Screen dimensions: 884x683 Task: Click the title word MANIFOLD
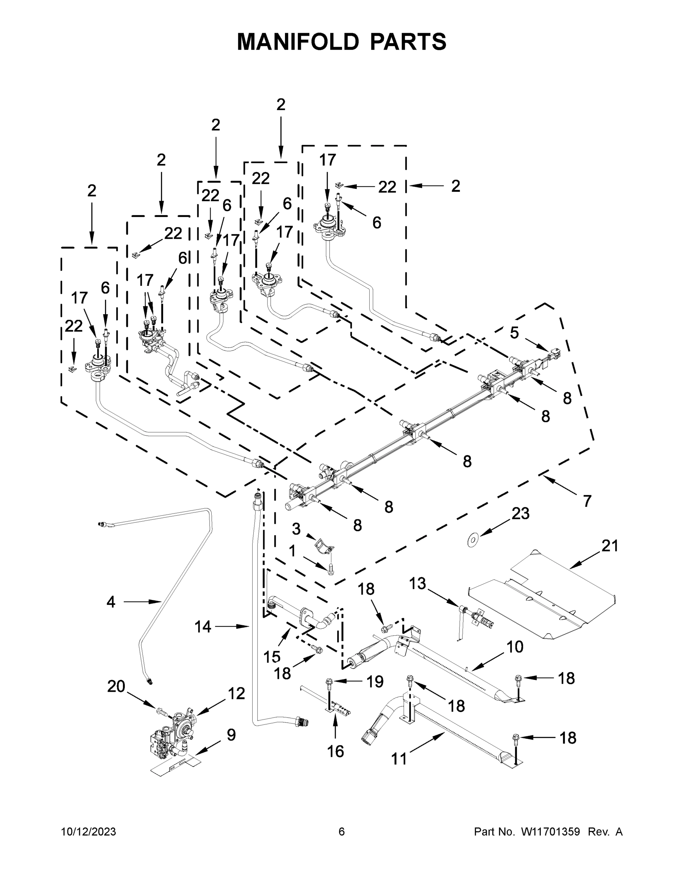coord(298,42)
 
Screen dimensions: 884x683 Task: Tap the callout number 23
coord(520,514)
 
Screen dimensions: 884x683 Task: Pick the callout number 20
coord(116,687)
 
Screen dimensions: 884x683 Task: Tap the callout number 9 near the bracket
coord(231,735)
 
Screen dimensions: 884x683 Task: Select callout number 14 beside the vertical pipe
coord(203,627)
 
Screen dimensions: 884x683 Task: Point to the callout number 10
coord(515,647)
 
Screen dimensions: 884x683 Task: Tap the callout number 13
coord(417,583)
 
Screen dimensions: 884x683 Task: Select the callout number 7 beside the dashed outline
coord(587,501)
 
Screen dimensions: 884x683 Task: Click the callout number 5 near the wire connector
coord(514,333)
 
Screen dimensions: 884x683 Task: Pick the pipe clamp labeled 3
coord(324,547)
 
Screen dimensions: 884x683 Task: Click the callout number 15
coord(272,657)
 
